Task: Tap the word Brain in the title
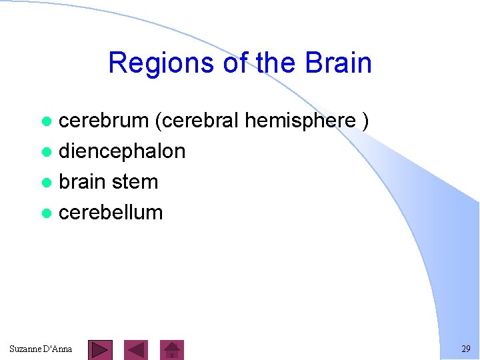pos(338,63)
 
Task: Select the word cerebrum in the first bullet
pos(104,121)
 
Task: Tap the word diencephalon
pos(122,151)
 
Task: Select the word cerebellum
pos(111,213)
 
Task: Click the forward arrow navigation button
pos(101,349)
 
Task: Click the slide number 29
pos(465,349)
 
